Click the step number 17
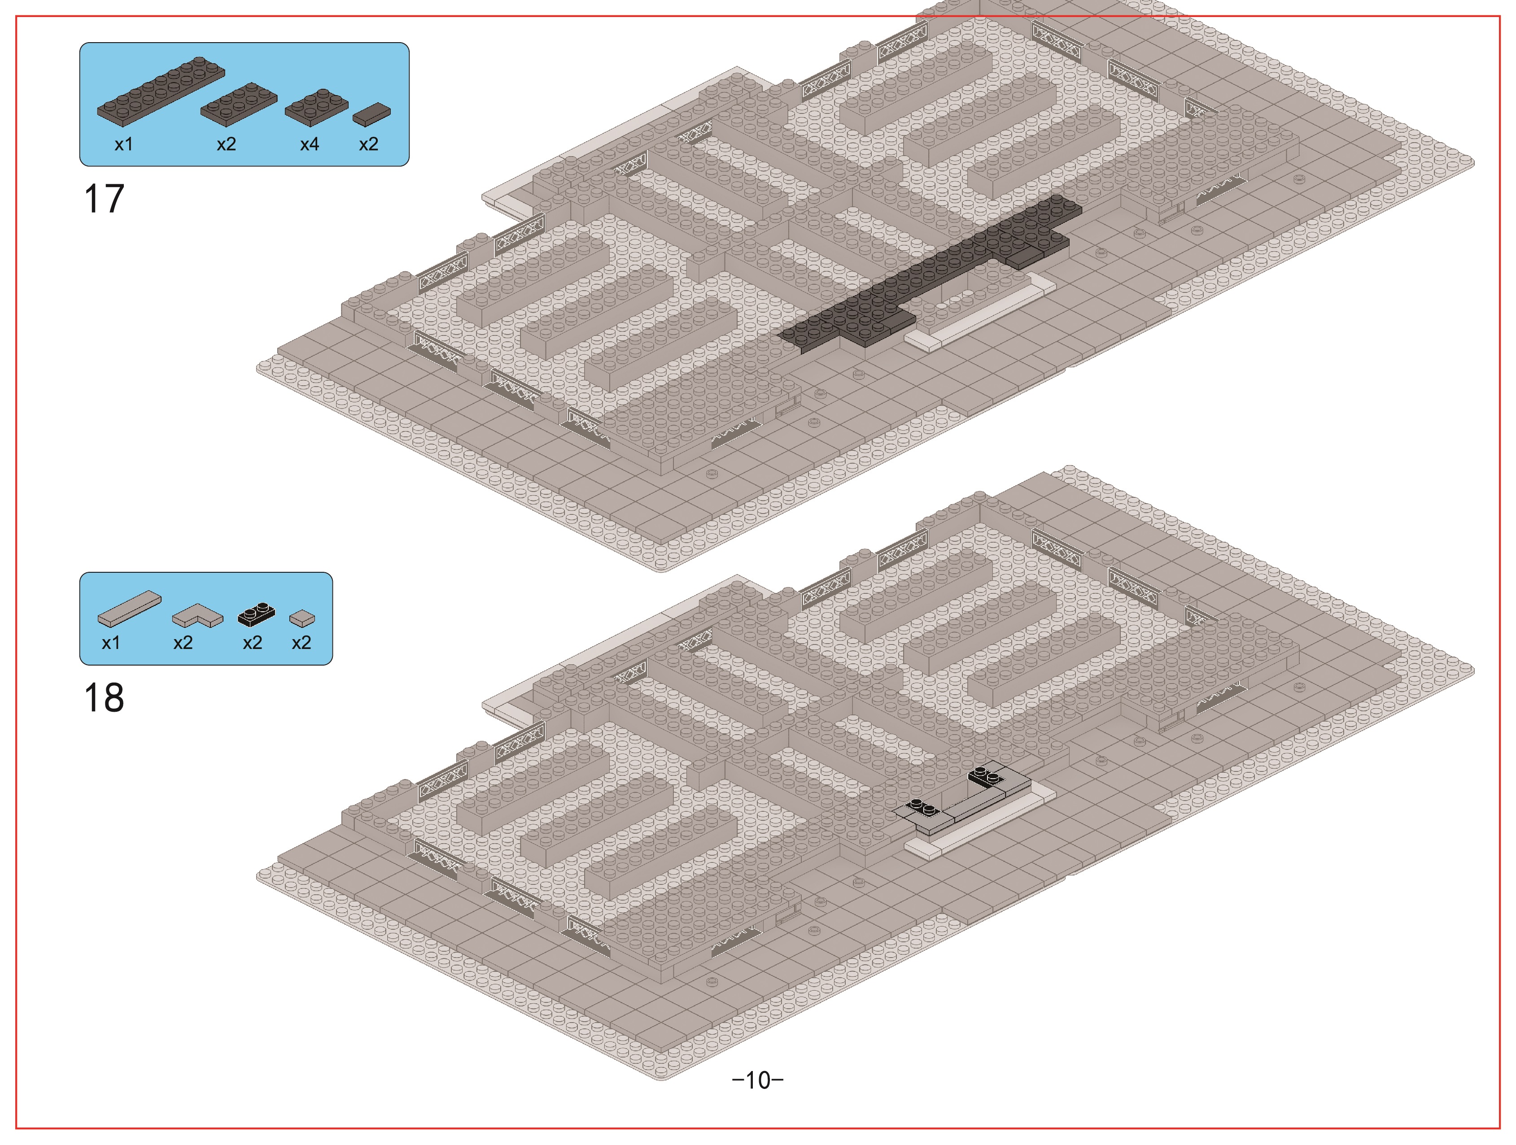(x=104, y=200)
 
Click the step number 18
(x=104, y=698)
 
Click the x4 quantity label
(x=310, y=144)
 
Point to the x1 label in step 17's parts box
(x=123, y=144)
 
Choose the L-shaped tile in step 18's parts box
(x=197, y=615)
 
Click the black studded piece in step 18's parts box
(x=256, y=614)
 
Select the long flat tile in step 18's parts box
(x=130, y=609)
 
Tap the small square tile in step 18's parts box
(x=302, y=619)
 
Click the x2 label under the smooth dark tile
(x=369, y=144)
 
